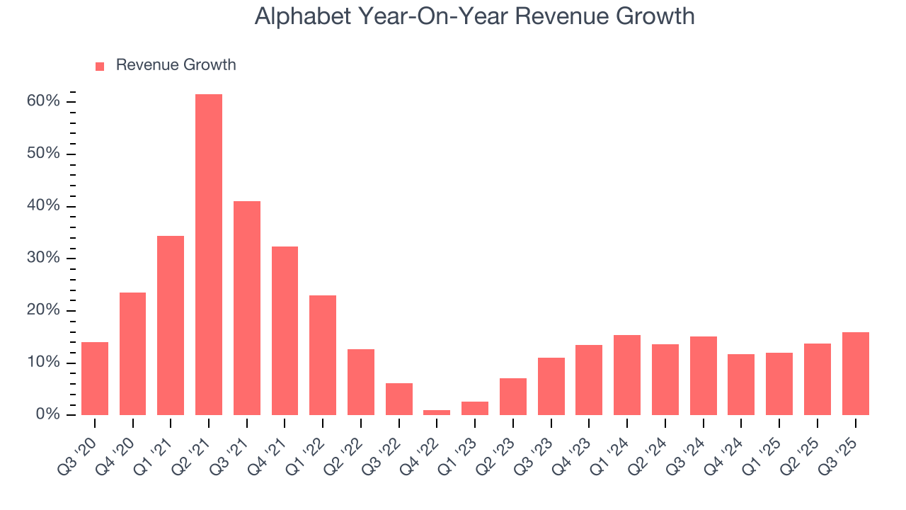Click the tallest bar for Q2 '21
pos(209,254)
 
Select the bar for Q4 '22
pos(437,412)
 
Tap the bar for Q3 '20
pos(95,378)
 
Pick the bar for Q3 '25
pos(855,373)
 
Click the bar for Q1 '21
pos(171,325)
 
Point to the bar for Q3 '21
pos(247,308)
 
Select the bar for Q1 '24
pos(627,375)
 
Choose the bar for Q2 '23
pos(513,397)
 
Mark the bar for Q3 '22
pos(399,399)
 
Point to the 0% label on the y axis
pos(47,414)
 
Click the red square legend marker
pos(100,66)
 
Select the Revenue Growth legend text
pos(176,65)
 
